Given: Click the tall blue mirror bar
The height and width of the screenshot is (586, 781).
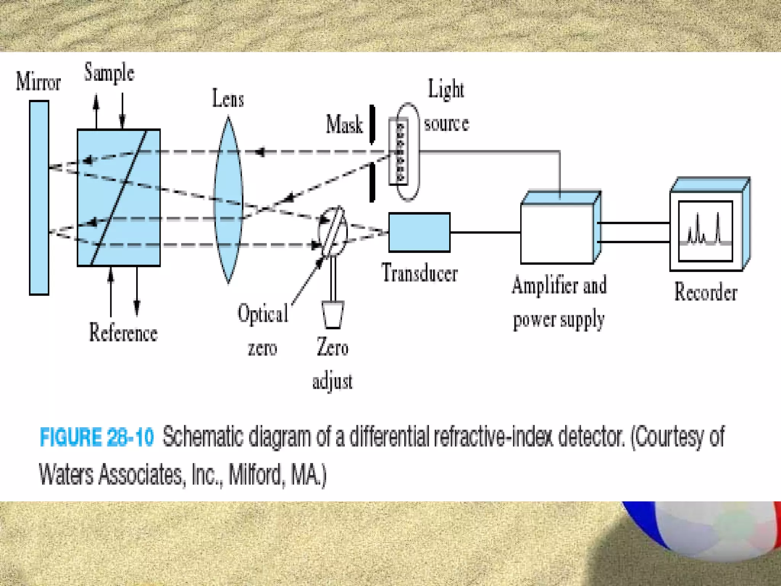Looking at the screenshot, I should pos(39,198).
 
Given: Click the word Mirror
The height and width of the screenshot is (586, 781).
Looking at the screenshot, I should pos(38,82).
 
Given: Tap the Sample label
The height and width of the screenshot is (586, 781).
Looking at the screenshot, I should pos(109,72).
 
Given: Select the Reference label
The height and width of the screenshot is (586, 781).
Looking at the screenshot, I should pos(123,333).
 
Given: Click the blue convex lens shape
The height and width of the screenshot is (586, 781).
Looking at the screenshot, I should pos(228,200).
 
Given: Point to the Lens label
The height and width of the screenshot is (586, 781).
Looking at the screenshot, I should pos(228,99).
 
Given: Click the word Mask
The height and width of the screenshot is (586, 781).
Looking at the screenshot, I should pos(344,125).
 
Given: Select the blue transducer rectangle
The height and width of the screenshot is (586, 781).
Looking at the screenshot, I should pos(419,232).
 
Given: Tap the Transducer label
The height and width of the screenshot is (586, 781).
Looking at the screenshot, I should pos(419,274).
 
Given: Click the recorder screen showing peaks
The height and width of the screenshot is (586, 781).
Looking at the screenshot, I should pos(705,231).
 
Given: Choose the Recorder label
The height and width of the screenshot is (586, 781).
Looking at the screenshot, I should pos(705,292).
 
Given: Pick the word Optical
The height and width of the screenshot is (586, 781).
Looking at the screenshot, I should pos(263,314).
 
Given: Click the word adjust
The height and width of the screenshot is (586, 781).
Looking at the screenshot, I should pos(332,382).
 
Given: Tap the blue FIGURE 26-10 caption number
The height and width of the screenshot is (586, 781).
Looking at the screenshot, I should pos(97,437).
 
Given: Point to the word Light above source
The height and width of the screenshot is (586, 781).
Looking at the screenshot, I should pos(446,90).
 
